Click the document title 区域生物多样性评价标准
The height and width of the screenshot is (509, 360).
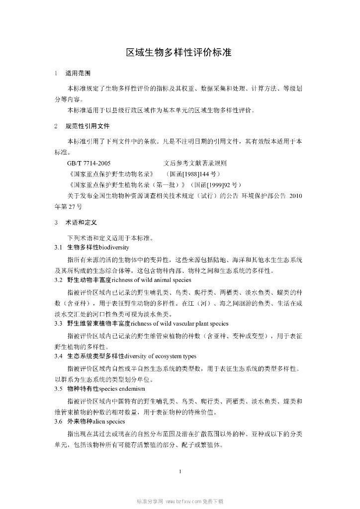point(180,52)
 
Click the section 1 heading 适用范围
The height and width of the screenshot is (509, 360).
point(78,73)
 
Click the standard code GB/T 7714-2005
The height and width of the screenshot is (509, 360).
point(89,163)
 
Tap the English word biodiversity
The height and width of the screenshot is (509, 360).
point(114,247)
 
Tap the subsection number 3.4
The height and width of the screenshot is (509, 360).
point(58,356)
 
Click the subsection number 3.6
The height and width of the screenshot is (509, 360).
point(58,421)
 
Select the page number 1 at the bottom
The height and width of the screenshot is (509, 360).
point(180,471)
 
